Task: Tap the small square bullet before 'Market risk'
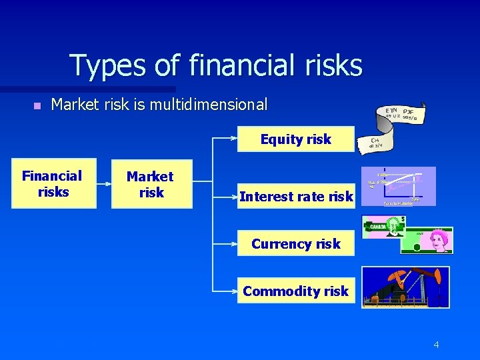coord(37,105)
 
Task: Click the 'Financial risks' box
coord(53,184)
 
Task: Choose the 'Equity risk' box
coord(296,139)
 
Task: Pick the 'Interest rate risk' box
coord(296,196)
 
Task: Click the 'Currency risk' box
coord(296,244)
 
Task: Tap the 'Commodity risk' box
coord(296,291)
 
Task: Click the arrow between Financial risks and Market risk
coord(103,184)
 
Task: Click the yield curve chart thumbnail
coord(398,186)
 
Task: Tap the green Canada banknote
coord(384,227)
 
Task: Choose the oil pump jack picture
coord(405,287)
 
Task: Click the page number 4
coord(436,345)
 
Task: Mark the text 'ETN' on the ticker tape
coord(392,110)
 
